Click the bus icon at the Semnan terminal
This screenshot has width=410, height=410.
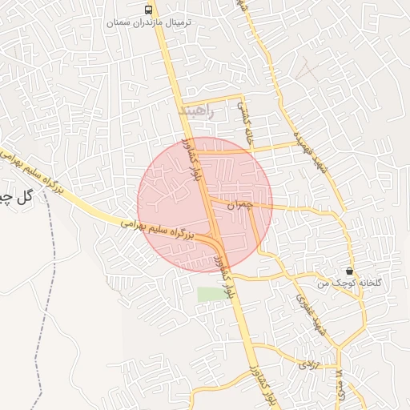tap(148, 10)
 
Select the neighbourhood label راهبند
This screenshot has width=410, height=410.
tap(198, 111)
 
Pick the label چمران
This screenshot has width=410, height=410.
tap(239, 206)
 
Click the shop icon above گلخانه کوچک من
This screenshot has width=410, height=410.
tap(350, 271)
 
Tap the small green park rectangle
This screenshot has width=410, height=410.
tap(212, 294)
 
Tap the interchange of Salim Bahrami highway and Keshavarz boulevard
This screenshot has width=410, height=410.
tap(215, 240)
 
